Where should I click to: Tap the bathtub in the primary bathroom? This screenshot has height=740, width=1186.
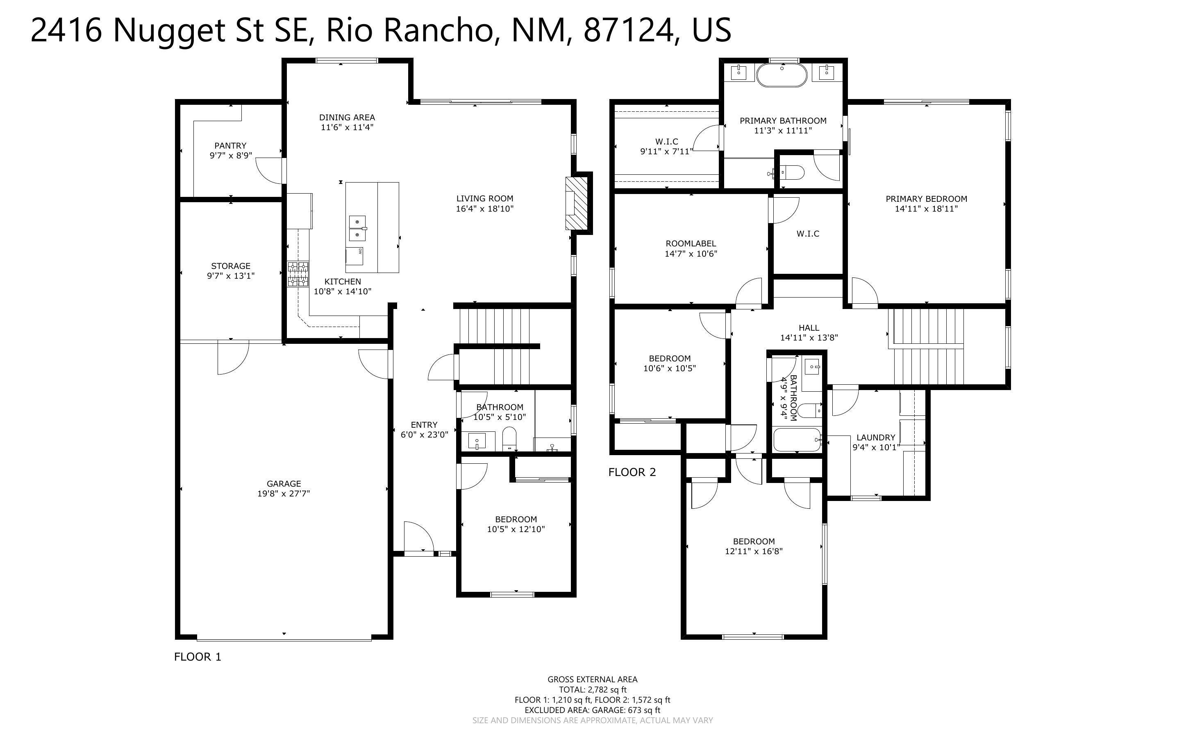[782, 75]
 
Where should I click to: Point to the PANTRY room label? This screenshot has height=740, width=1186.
[230, 146]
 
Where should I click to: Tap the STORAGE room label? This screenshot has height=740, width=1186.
[231, 266]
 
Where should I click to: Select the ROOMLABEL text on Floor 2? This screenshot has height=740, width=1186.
[691, 244]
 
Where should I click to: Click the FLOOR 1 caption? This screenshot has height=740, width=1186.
[198, 657]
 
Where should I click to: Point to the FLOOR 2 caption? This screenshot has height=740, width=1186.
[632, 472]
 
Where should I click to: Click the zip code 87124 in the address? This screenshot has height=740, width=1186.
[628, 30]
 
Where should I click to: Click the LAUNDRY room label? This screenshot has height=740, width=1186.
[876, 438]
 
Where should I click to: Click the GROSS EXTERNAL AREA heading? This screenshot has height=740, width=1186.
[592, 679]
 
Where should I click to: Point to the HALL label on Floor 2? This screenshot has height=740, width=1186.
[809, 328]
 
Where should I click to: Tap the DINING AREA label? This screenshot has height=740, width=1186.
[347, 117]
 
